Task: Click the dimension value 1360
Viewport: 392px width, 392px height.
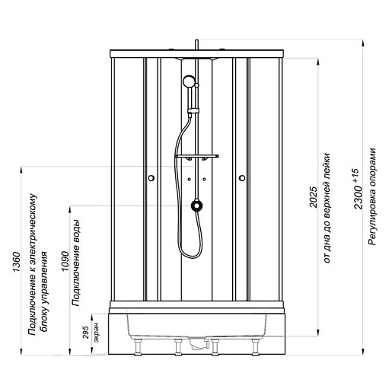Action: click(16, 262)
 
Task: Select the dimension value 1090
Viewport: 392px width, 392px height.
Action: click(65, 261)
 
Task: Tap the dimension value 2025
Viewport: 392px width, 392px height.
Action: click(314, 197)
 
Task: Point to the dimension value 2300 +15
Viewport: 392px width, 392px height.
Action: click(358, 189)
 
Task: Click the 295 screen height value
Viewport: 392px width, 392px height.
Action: click(86, 332)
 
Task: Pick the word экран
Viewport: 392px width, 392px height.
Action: click(96, 333)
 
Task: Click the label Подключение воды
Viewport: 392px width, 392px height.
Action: click(76, 263)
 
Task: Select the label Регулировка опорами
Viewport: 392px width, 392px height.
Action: click(371, 196)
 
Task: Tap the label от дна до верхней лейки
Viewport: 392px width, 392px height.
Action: click(327, 208)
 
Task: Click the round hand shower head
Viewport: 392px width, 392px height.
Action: click(189, 81)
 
